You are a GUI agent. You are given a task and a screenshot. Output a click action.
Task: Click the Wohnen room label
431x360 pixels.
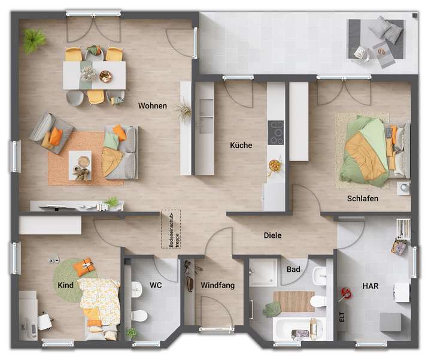coord(152,106)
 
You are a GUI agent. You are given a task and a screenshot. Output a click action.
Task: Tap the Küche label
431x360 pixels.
coord(241,145)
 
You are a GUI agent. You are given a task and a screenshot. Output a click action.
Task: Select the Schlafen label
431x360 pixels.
coord(362,198)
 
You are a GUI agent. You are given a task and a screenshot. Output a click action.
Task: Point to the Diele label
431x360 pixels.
coord(272,235)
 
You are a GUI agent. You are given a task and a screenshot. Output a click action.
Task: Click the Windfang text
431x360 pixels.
coord(217,286)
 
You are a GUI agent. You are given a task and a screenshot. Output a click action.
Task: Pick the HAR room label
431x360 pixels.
coord(370,286)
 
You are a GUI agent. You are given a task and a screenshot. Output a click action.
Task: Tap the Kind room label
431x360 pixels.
coord(65,285)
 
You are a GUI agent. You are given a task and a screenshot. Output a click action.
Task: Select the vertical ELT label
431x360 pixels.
coord(342,317)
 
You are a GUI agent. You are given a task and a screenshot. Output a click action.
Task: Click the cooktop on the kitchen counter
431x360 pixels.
coord(276,133)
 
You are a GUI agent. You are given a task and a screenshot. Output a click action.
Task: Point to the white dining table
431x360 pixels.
coord(95,75)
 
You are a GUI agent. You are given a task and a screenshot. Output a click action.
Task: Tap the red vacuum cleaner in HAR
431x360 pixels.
coord(345,294)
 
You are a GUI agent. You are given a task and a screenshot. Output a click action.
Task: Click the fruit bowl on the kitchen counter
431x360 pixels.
coord(275,163)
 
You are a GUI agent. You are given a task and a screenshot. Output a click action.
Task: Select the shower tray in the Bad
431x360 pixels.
coord(263,272)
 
